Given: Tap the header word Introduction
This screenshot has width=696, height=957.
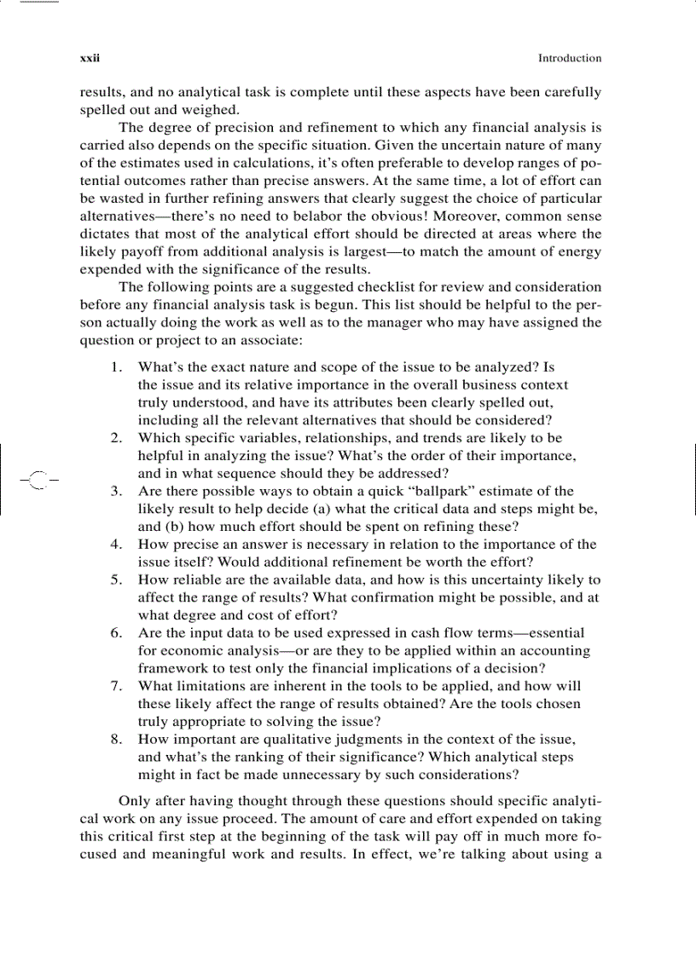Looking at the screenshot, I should coord(569,59).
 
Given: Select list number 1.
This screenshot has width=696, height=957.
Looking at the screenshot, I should coord(115,367).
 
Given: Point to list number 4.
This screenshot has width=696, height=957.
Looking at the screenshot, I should coord(115,545).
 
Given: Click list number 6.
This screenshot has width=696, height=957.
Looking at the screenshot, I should coord(115,633).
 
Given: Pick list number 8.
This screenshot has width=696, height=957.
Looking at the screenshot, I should coord(115,739).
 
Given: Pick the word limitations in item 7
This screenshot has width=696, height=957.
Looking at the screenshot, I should coord(212,686).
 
